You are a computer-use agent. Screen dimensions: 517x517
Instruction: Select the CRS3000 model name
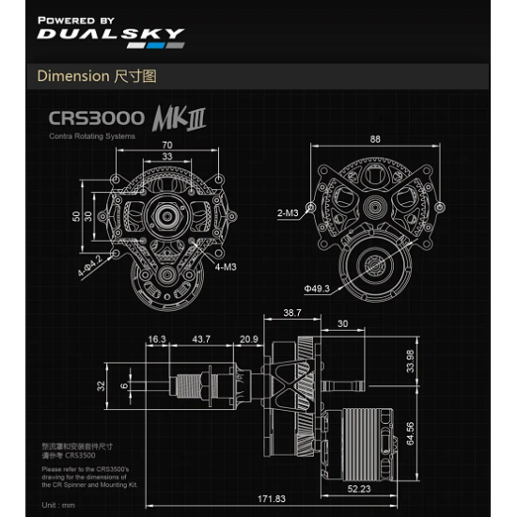[97, 120]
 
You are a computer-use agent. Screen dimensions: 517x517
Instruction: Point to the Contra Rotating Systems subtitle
[92, 137]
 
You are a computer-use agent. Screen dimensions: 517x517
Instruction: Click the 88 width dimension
[376, 139]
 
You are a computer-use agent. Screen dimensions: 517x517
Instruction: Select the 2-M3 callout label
[289, 214]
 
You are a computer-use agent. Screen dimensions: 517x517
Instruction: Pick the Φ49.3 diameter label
[317, 289]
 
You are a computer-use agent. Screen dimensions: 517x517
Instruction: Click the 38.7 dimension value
[293, 311]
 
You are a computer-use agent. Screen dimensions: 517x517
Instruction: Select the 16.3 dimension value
[156, 338]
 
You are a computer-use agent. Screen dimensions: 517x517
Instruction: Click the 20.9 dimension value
[249, 338]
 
